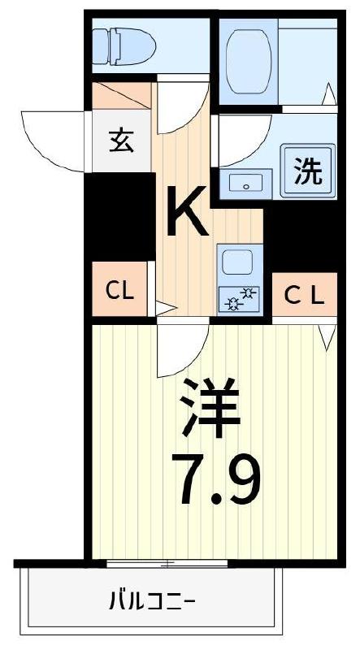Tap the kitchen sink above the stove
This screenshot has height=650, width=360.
pos(238,263)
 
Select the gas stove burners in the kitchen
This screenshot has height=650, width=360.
pos(239,299)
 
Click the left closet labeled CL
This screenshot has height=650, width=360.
pos(119,290)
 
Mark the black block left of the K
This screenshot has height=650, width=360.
pos(120,216)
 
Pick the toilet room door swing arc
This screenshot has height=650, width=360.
pos(180,109)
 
